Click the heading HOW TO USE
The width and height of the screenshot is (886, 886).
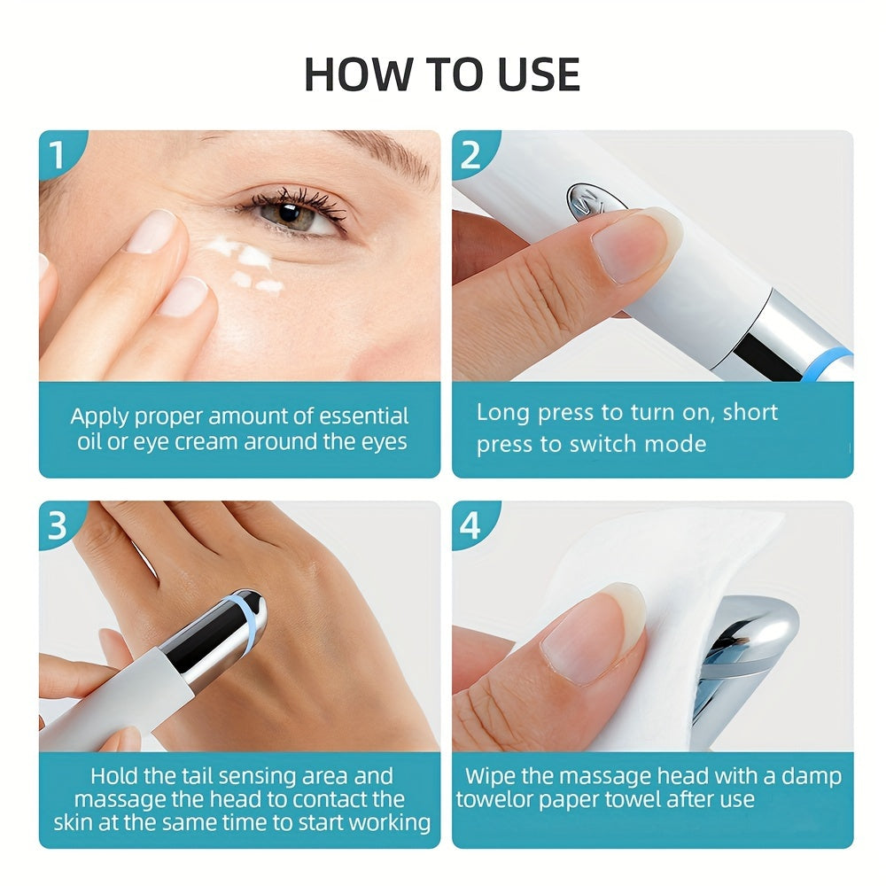click(442, 74)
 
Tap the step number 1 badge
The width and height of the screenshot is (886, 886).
click(58, 154)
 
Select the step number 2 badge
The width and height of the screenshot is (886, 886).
click(470, 154)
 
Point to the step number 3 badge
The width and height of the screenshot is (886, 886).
click(58, 525)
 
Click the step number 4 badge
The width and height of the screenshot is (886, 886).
click(470, 525)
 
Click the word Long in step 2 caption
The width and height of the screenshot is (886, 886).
click(501, 413)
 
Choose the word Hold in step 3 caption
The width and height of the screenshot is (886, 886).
click(115, 777)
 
